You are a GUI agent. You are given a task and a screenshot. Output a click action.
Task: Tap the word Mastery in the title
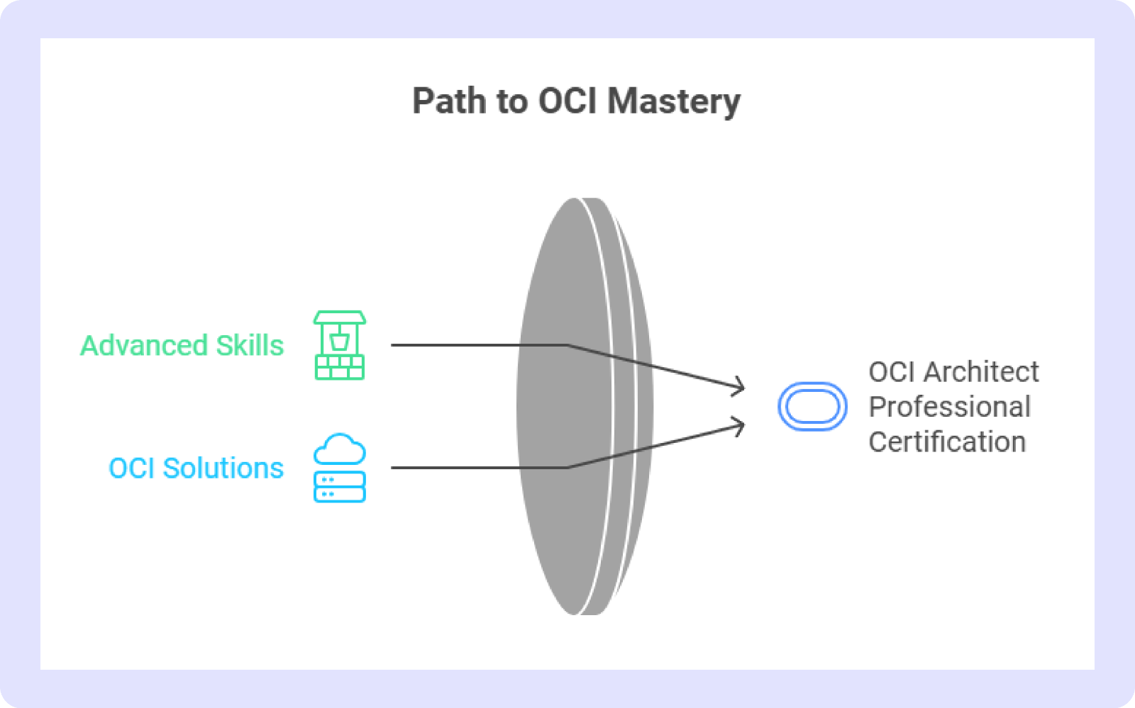point(674,103)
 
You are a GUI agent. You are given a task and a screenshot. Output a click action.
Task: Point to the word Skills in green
point(250,346)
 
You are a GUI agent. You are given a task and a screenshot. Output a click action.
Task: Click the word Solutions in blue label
point(223,468)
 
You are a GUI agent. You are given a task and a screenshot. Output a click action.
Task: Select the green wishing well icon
point(340,345)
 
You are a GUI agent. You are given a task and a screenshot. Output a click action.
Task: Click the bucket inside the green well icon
point(340,342)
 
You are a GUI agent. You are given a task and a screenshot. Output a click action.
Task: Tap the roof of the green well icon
point(340,318)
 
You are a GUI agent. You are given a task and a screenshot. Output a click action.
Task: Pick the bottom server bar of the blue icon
point(340,494)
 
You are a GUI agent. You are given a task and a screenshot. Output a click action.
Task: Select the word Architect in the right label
point(981,372)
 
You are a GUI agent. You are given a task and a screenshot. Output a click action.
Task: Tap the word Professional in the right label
point(950,406)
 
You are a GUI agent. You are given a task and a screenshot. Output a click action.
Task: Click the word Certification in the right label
point(948,442)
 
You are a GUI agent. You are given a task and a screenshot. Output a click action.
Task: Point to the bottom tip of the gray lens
point(575,614)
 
